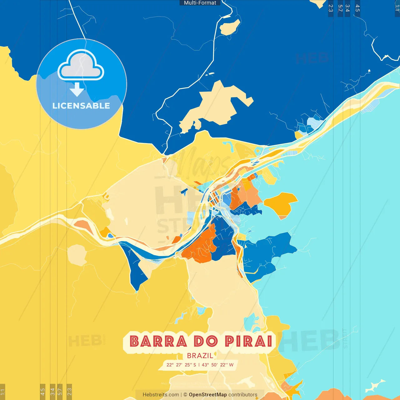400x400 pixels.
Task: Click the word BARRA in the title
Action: pyautogui.click(x=158, y=341)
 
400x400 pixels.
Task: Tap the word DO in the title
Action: pyautogui.click(x=206, y=341)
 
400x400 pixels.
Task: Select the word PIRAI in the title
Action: pyautogui.click(x=249, y=341)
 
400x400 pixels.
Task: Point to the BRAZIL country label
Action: pyautogui.click(x=200, y=356)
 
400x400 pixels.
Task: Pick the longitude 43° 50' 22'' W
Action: pyautogui.click(x=217, y=365)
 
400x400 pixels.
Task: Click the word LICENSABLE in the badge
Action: pyautogui.click(x=81, y=106)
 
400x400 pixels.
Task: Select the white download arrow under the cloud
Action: pyautogui.click(x=77, y=89)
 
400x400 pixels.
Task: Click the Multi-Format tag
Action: pyautogui.click(x=200, y=3)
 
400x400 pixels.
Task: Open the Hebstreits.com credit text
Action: pyautogui.click(x=161, y=395)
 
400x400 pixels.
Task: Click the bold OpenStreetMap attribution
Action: pyautogui.click(x=208, y=395)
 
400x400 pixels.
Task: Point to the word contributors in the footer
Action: pyautogui.click(x=243, y=395)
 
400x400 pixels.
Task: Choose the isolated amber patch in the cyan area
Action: pyautogui.click(x=280, y=204)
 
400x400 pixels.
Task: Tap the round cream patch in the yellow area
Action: pyautogui.click(x=77, y=255)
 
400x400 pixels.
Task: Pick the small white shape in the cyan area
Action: pyautogui.click(x=375, y=386)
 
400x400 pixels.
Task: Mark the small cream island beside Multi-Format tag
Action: pyautogui.click(x=230, y=27)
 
